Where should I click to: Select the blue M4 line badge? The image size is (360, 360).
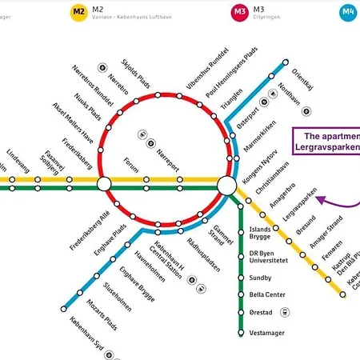coord(348,11)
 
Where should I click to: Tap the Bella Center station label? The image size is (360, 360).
coord(267,294)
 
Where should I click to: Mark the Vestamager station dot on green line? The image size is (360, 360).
coord(242,330)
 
